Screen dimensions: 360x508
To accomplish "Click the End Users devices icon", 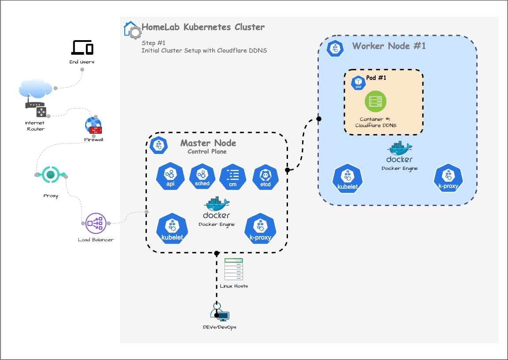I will pos(82,47).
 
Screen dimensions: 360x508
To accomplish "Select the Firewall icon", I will pos(93,126).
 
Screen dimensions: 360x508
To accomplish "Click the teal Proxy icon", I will pos(51,175).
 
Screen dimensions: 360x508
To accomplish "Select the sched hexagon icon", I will pos(202,177).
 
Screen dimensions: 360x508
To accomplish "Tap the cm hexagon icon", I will pos(233,177).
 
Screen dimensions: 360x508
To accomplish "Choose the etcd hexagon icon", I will pos(265,177).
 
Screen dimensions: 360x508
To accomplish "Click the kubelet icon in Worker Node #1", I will pos(347,179).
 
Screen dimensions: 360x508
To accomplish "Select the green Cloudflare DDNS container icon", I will pos(375,102).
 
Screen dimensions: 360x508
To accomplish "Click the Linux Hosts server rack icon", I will pos(234,269).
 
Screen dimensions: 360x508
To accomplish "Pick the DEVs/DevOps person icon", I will pos(219,313).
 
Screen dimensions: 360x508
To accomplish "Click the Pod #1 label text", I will pos(376,78).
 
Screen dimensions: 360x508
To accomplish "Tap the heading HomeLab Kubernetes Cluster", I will pos(203,27).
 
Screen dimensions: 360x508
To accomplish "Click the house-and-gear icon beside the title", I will pos(132,30).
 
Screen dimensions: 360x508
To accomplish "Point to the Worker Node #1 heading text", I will pos(389,46).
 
